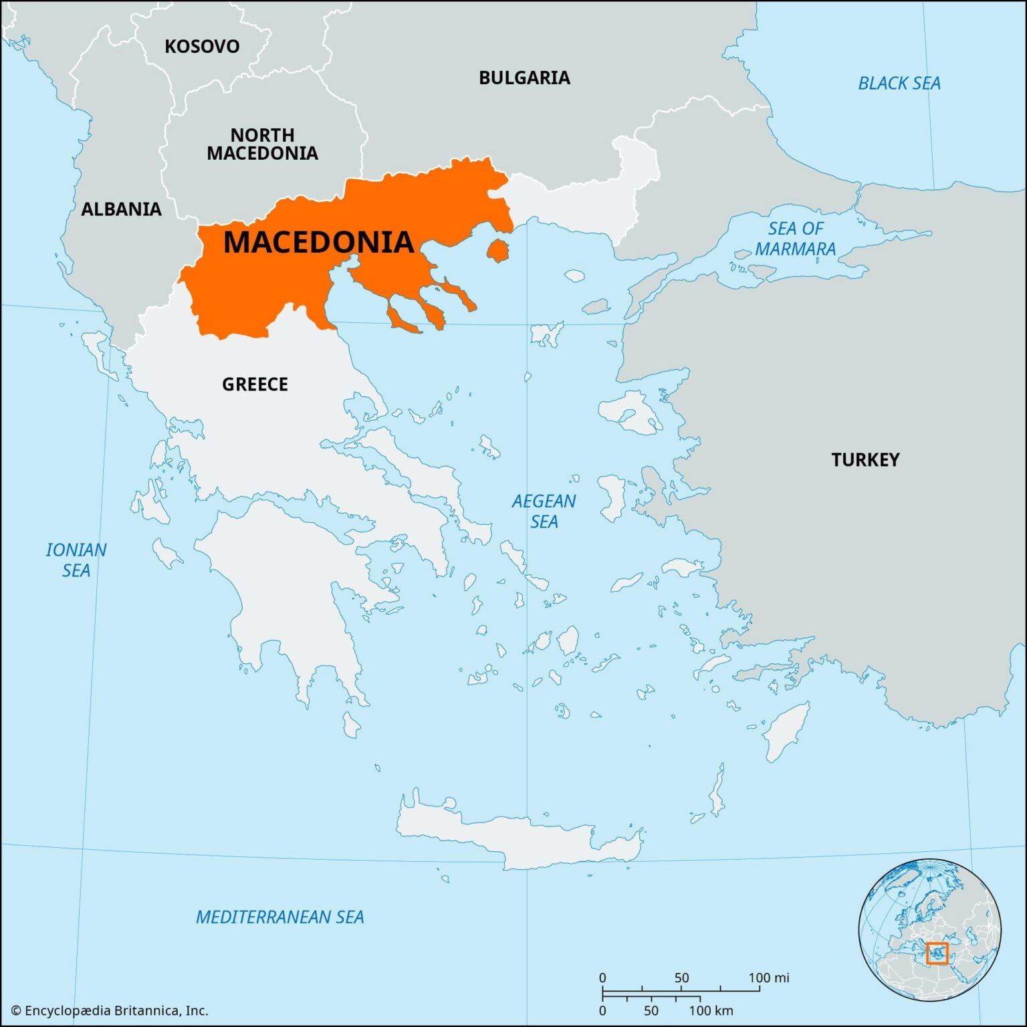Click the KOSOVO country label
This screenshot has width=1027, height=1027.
click(x=202, y=46)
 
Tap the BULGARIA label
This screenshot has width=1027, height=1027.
click(x=524, y=78)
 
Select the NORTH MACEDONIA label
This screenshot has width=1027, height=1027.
click(x=262, y=144)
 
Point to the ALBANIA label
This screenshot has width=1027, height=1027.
click(x=121, y=209)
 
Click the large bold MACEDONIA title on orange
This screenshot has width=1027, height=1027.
click(x=318, y=241)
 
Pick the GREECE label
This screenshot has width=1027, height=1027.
click(x=255, y=384)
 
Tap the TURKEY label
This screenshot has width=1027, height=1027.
click(x=865, y=459)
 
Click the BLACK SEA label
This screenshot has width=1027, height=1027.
click(x=899, y=84)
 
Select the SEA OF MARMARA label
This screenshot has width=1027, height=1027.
click(x=795, y=239)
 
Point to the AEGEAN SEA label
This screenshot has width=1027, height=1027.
click(x=544, y=511)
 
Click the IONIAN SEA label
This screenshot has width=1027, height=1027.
click(x=76, y=560)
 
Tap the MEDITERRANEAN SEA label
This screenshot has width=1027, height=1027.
click(x=279, y=917)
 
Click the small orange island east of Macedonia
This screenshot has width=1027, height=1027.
click(x=497, y=251)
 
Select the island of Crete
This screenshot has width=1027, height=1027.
click(x=522, y=836)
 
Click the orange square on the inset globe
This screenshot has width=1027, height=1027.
click(x=937, y=953)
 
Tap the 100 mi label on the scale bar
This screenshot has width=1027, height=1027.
click(x=768, y=978)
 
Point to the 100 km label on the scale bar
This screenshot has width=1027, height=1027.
click(x=711, y=1010)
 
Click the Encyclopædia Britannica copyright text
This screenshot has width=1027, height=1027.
click(x=110, y=1010)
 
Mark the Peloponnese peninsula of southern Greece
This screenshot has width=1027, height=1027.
click(x=281, y=588)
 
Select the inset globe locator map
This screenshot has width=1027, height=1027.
click(x=929, y=929)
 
